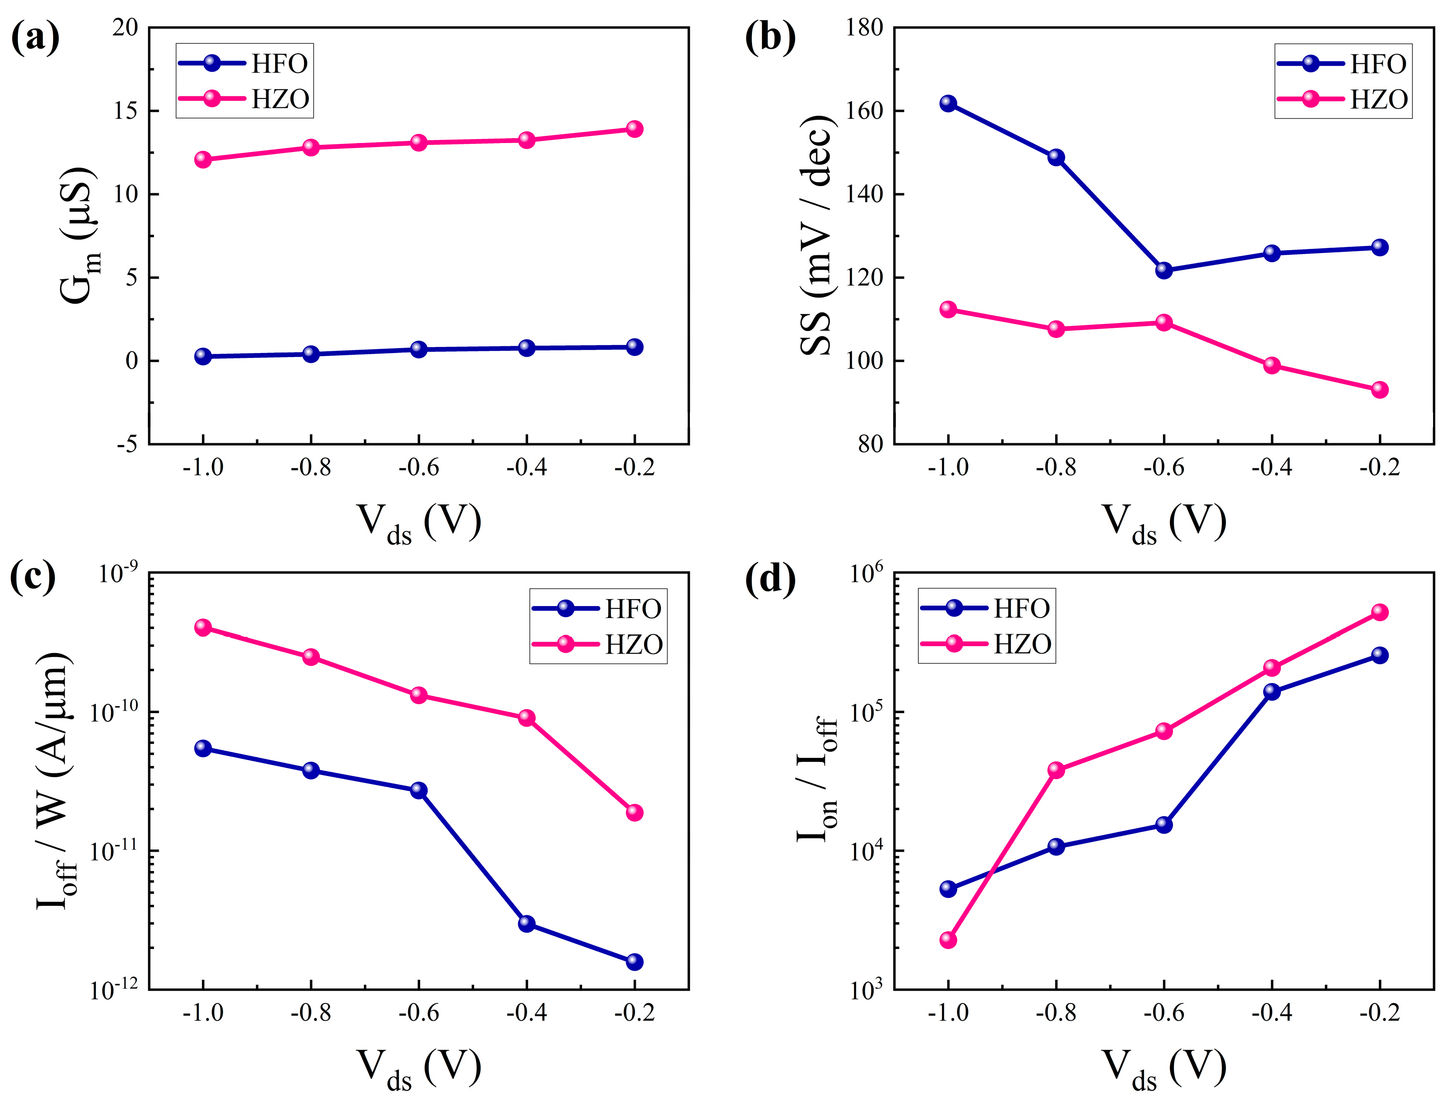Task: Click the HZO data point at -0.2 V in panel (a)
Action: pyautogui.click(x=634, y=129)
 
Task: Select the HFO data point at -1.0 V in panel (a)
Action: pyautogui.click(x=203, y=357)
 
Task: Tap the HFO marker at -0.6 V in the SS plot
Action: pyautogui.click(x=1164, y=270)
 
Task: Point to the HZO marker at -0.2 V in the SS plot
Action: pyautogui.click(x=1380, y=390)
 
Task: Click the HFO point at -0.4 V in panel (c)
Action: pyautogui.click(x=526, y=924)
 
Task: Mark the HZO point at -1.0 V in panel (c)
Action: pyautogui.click(x=203, y=627)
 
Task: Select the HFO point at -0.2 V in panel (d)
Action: pyautogui.click(x=1380, y=654)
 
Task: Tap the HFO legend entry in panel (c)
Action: pyautogui.click(x=598, y=609)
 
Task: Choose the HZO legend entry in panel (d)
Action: pyautogui.click(x=986, y=644)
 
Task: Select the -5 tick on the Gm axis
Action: pyautogui.click(x=127, y=445)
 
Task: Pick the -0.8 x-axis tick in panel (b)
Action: pyautogui.click(x=1056, y=467)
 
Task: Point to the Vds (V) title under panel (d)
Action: pyautogui.click(x=1164, y=1069)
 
